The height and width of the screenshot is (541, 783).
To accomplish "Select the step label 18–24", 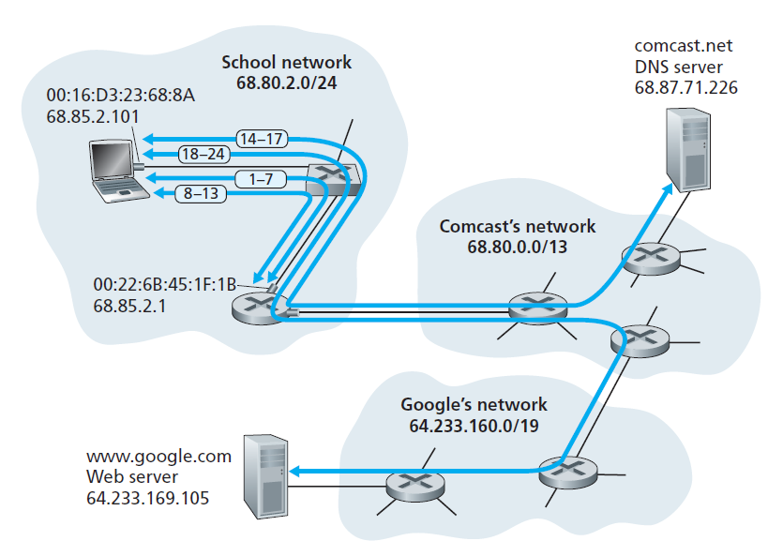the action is click(x=204, y=155).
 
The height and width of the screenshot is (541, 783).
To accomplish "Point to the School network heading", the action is click(x=286, y=63).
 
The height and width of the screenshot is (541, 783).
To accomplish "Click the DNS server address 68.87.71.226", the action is click(x=685, y=88).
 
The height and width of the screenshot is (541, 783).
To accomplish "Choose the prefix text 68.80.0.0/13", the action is click(x=517, y=247).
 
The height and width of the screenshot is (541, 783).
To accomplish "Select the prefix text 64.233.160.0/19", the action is click(x=473, y=425).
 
